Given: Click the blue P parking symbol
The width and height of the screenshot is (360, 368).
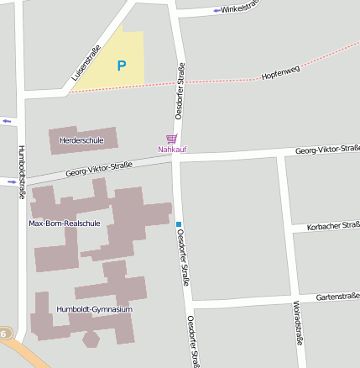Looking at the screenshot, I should click(122, 65).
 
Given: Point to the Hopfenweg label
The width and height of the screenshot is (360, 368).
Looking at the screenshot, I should click(279, 75).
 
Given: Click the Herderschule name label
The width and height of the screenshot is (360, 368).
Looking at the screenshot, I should click(81, 140).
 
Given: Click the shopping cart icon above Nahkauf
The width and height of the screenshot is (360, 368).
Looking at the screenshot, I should click(172, 139).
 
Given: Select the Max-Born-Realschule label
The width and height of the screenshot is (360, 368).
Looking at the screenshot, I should click(65, 223).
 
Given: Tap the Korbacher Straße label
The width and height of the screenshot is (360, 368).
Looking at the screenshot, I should click(333, 225).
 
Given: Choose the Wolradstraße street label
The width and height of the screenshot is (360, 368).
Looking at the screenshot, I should click(298, 323).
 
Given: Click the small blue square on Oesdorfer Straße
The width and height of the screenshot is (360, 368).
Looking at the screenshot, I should click(179, 223).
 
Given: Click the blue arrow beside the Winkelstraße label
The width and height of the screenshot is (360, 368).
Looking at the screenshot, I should click(217, 10).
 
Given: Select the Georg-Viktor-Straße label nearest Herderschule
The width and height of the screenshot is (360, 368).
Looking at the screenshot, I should click(100, 170).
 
